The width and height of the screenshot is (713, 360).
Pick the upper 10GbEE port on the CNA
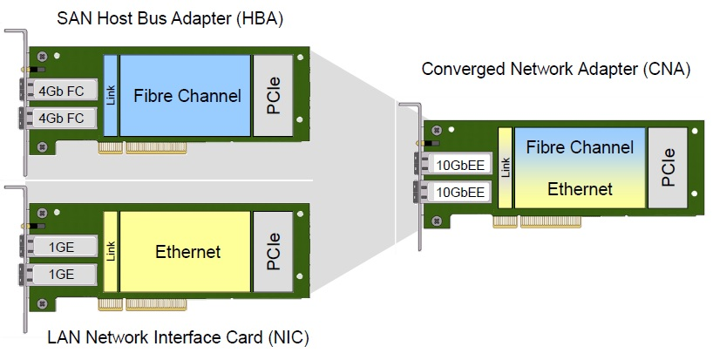coord(459,163)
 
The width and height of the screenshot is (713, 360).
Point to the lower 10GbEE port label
coord(459,192)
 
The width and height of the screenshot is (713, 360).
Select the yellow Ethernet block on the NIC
coord(187,253)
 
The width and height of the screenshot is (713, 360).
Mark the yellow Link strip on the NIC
coord(110,253)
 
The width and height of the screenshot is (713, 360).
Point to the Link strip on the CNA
coord(505,169)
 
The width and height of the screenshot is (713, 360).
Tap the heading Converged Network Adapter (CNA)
coord(555,68)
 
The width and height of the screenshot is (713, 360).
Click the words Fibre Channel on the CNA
coord(580,147)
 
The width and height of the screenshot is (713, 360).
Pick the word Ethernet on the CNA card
coord(580,188)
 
